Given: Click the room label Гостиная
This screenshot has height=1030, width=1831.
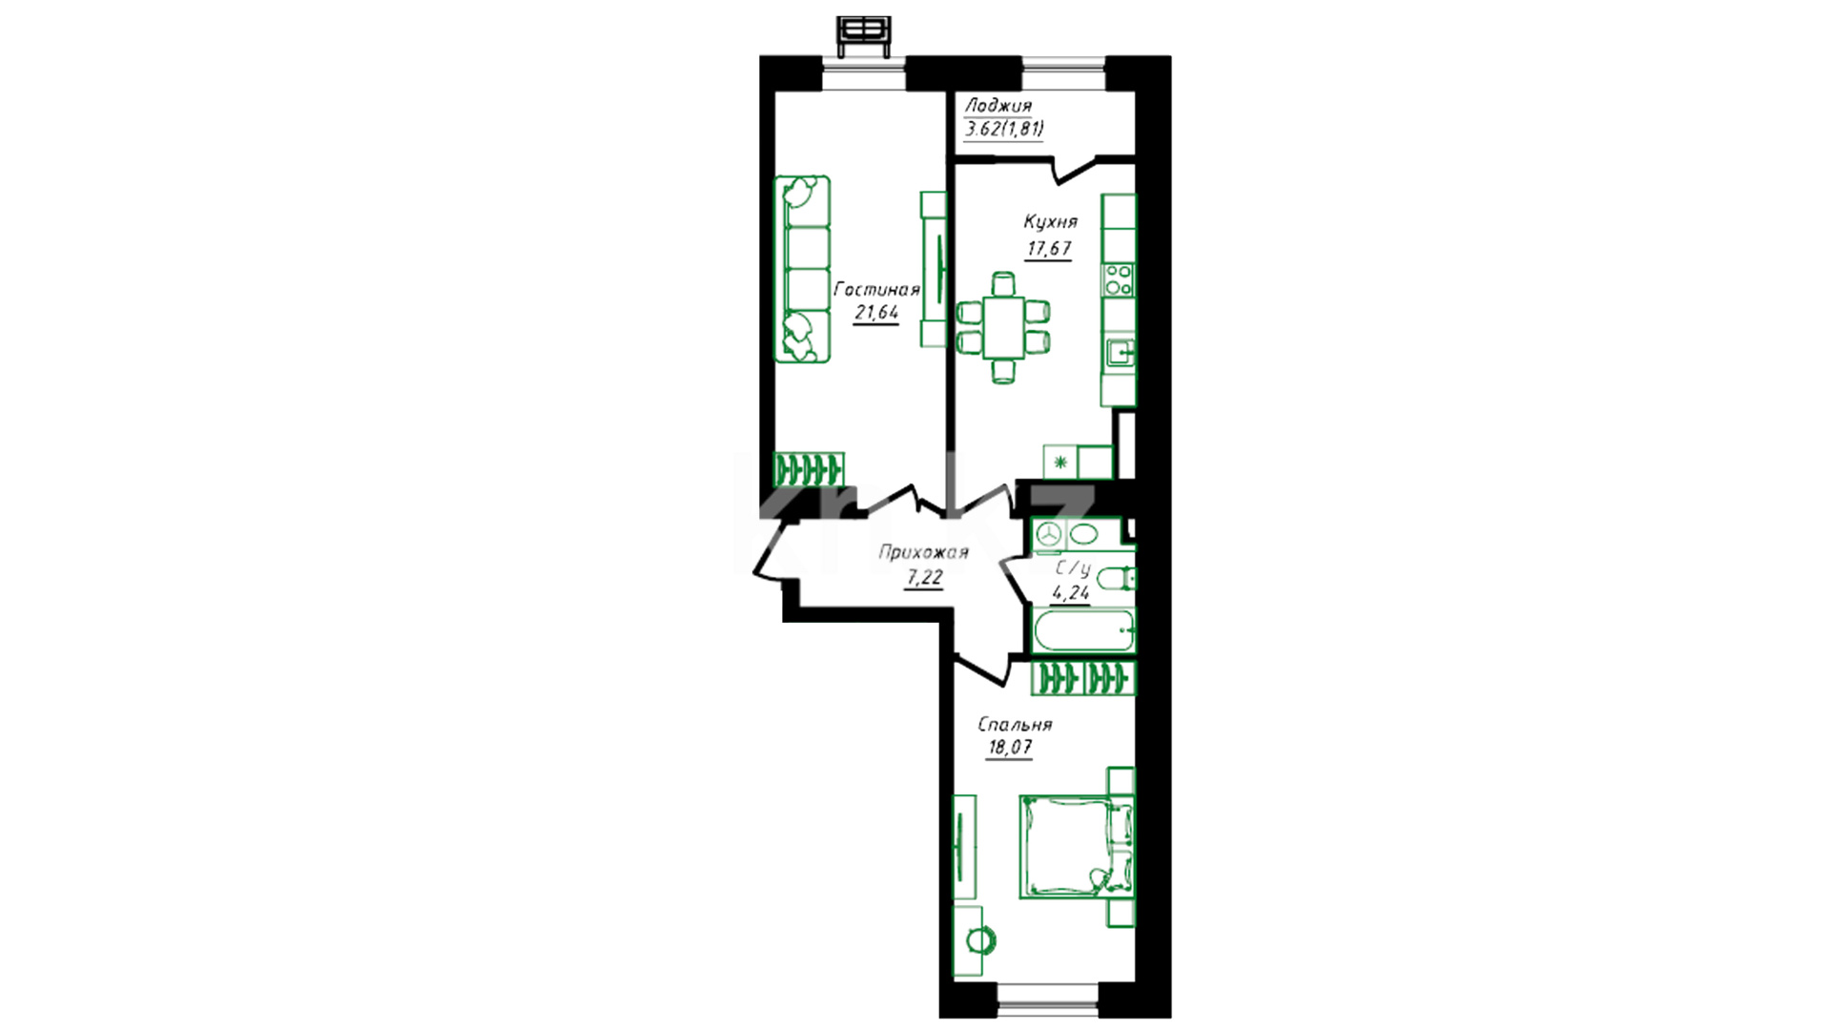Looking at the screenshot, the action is [876, 290].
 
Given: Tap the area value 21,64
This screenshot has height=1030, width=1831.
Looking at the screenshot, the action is [876, 312].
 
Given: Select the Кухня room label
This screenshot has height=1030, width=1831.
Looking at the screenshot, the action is [1050, 222].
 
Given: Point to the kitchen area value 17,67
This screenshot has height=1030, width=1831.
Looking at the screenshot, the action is [1049, 249].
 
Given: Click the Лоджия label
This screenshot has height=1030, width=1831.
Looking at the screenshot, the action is [998, 106].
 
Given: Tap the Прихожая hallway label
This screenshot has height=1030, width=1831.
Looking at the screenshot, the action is [923, 552].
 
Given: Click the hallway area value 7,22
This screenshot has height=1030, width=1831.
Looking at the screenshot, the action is [924, 577].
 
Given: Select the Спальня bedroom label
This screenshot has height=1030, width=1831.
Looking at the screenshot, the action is [1015, 725].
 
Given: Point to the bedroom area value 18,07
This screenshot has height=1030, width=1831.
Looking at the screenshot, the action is [1009, 748].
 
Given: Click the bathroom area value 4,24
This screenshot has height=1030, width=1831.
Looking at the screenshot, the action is [1070, 592].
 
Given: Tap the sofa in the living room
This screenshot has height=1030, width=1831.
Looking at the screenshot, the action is [802, 269].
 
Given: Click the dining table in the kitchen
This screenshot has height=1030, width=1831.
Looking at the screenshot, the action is [1003, 327].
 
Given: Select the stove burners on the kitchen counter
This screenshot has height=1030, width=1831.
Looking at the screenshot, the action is [1119, 279].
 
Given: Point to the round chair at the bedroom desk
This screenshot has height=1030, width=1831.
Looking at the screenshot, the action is [979, 940].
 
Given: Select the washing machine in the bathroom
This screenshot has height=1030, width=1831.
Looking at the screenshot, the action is [1049, 534].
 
